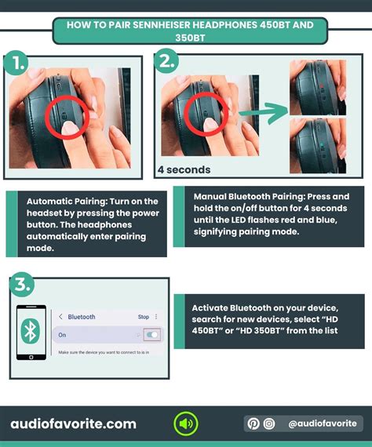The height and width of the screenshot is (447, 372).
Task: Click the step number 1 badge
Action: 16,63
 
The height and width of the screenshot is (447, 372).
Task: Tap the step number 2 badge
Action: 166,60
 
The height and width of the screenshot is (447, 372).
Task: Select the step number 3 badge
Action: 22,285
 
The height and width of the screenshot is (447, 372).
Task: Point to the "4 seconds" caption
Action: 184,169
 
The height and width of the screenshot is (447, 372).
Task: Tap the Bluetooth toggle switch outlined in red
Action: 152,335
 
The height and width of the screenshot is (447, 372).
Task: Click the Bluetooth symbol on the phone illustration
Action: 31,331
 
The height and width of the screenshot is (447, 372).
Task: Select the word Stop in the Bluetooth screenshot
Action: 144,317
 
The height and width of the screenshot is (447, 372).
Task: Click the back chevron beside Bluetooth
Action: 60,317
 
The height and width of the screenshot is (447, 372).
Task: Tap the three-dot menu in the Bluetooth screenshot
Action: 156,317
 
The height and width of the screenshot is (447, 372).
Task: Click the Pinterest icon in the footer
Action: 253,423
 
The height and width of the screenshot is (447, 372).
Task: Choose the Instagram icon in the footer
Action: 268,423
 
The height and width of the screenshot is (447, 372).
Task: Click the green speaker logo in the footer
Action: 186,423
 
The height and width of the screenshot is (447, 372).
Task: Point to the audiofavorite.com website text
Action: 73,424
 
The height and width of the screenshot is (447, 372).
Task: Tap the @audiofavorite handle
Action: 323,423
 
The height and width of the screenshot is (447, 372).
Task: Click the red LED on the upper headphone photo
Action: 322,85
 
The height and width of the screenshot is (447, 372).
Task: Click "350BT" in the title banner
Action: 190,38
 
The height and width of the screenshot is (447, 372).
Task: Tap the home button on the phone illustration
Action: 31,357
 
